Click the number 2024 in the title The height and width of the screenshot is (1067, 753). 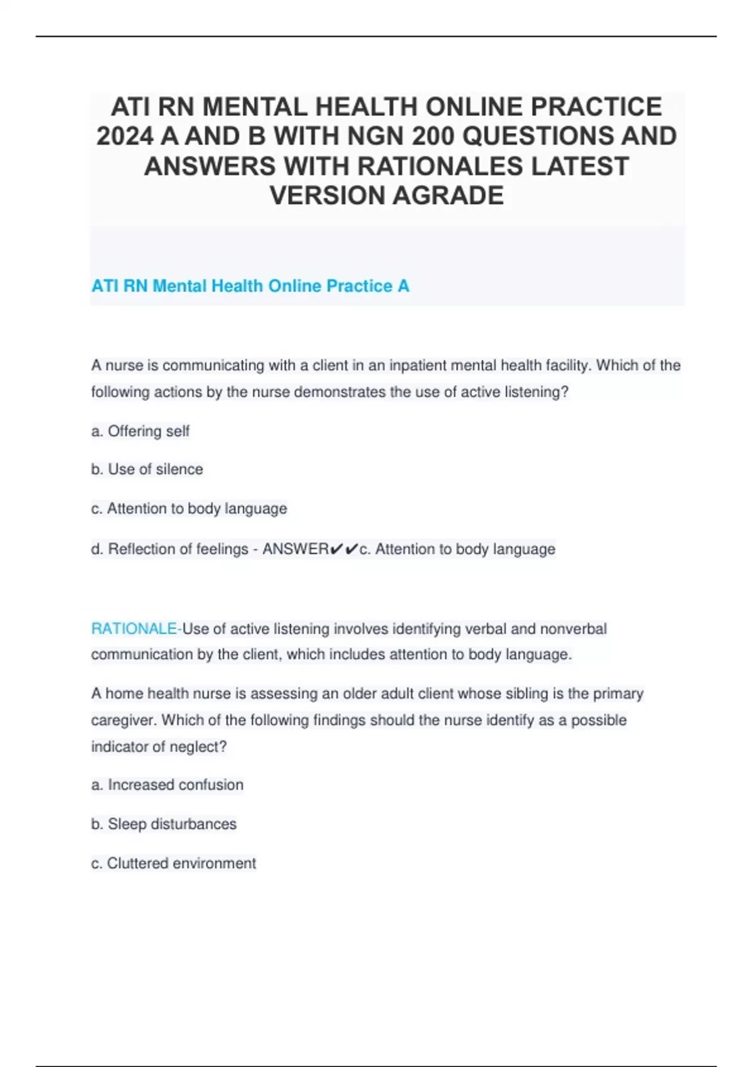click(x=125, y=136)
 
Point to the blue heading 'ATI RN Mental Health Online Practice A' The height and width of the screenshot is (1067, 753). click(x=250, y=286)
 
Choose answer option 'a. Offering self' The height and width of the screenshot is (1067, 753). click(x=140, y=431)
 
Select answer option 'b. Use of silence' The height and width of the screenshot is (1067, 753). click(x=147, y=469)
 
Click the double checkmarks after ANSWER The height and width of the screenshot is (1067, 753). click(x=344, y=549)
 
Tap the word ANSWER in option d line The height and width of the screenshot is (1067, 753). click(x=295, y=549)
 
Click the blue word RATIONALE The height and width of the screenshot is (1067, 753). click(x=134, y=629)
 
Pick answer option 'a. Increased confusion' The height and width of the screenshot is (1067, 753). click(x=167, y=785)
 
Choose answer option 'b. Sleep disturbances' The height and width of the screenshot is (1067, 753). click(x=164, y=824)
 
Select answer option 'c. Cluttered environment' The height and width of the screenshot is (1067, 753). click(x=173, y=864)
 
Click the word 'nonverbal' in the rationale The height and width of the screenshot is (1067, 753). click(x=573, y=629)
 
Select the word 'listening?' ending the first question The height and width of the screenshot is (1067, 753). click(x=537, y=392)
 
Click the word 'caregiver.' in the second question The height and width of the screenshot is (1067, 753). click(x=124, y=720)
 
